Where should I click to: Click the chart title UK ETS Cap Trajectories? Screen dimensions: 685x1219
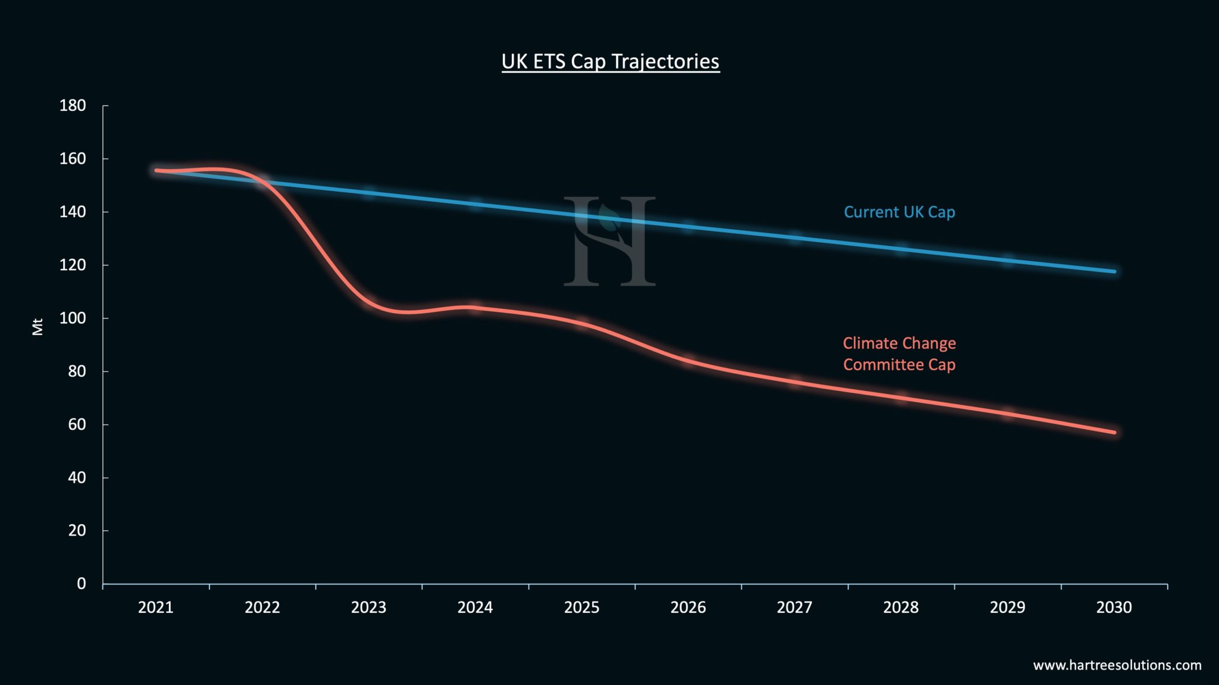click(610, 61)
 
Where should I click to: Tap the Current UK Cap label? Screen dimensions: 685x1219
click(899, 212)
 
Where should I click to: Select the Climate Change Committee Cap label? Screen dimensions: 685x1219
click(899, 354)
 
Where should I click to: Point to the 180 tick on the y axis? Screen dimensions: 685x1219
click(73, 105)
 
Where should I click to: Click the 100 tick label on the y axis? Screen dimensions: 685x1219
click(73, 318)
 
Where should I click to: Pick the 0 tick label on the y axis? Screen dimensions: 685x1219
click(81, 583)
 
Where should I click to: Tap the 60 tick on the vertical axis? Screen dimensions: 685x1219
click(77, 424)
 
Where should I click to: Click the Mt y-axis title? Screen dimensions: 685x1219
click(37, 327)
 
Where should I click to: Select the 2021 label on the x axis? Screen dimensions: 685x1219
click(155, 607)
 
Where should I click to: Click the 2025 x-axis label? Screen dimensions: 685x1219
click(582, 607)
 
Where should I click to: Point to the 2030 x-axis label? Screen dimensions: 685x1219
click(1114, 607)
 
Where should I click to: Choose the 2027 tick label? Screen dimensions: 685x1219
click(794, 607)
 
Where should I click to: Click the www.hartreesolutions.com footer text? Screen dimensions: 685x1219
click(1117, 665)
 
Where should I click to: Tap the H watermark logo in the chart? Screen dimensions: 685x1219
click(609, 241)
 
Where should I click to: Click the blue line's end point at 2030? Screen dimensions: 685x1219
click(1114, 271)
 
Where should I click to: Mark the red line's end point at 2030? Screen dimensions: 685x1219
click(1114, 432)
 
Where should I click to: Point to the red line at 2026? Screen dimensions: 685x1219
click(688, 361)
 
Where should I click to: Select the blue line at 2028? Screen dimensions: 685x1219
click(901, 248)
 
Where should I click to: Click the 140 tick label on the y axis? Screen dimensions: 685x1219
click(73, 211)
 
